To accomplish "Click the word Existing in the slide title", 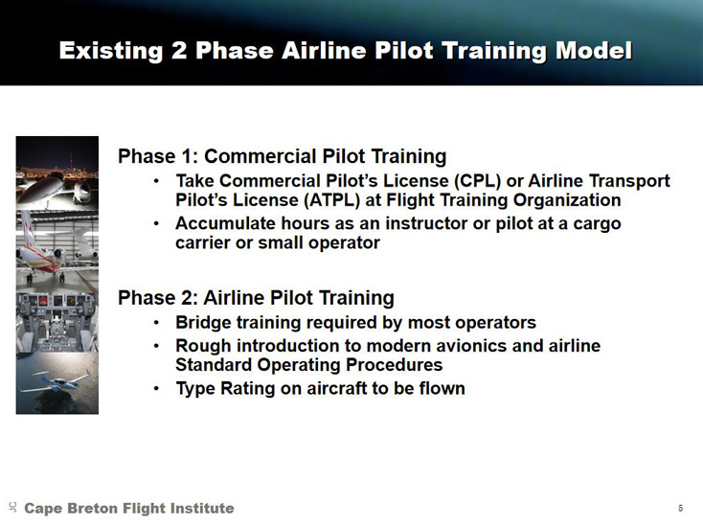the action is [111, 50].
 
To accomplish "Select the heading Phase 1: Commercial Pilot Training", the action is [282, 156].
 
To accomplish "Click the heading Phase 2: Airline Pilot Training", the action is [256, 298].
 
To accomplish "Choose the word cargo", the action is [597, 224].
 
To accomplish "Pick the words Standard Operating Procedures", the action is [309, 365].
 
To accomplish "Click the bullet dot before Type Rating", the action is [156, 388].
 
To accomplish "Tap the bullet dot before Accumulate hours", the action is [156, 223].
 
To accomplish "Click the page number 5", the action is [681, 508].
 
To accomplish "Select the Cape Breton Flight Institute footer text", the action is [129, 508].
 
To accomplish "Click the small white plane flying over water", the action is [57, 381].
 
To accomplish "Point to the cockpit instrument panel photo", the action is [57, 322].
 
